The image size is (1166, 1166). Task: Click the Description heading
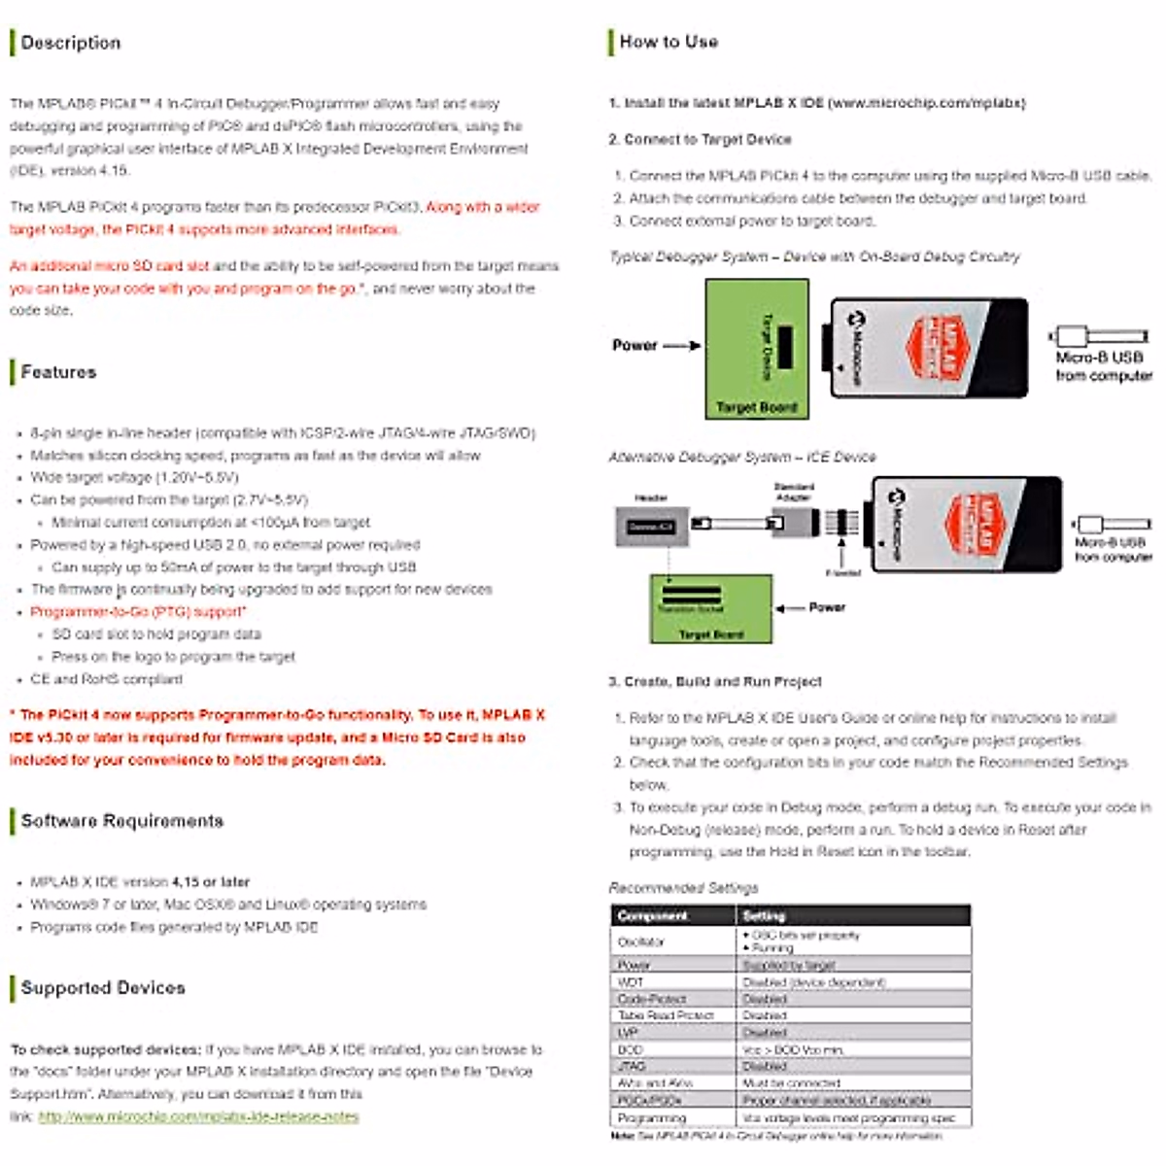click(71, 43)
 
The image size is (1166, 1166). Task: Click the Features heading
click(58, 372)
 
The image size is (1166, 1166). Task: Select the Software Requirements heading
click(122, 821)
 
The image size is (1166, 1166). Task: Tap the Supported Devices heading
click(103, 988)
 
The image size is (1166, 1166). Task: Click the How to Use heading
click(669, 42)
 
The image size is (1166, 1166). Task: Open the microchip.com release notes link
click(198, 1117)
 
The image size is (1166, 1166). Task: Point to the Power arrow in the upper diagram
click(681, 345)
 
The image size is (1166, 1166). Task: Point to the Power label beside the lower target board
click(827, 607)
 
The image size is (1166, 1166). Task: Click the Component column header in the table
click(652, 916)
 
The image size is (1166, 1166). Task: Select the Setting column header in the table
click(764, 916)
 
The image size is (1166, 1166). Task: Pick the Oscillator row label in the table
click(641, 942)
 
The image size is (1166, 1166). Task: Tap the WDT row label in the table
click(631, 982)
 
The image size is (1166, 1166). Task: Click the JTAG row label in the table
click(632, 1066)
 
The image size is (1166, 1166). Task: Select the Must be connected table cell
click(791, 1083)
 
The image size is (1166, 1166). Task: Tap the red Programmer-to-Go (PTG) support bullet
click(138, 612)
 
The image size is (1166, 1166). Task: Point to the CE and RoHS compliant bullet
click(106, 679)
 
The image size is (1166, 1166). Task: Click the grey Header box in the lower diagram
click(650, 527)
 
